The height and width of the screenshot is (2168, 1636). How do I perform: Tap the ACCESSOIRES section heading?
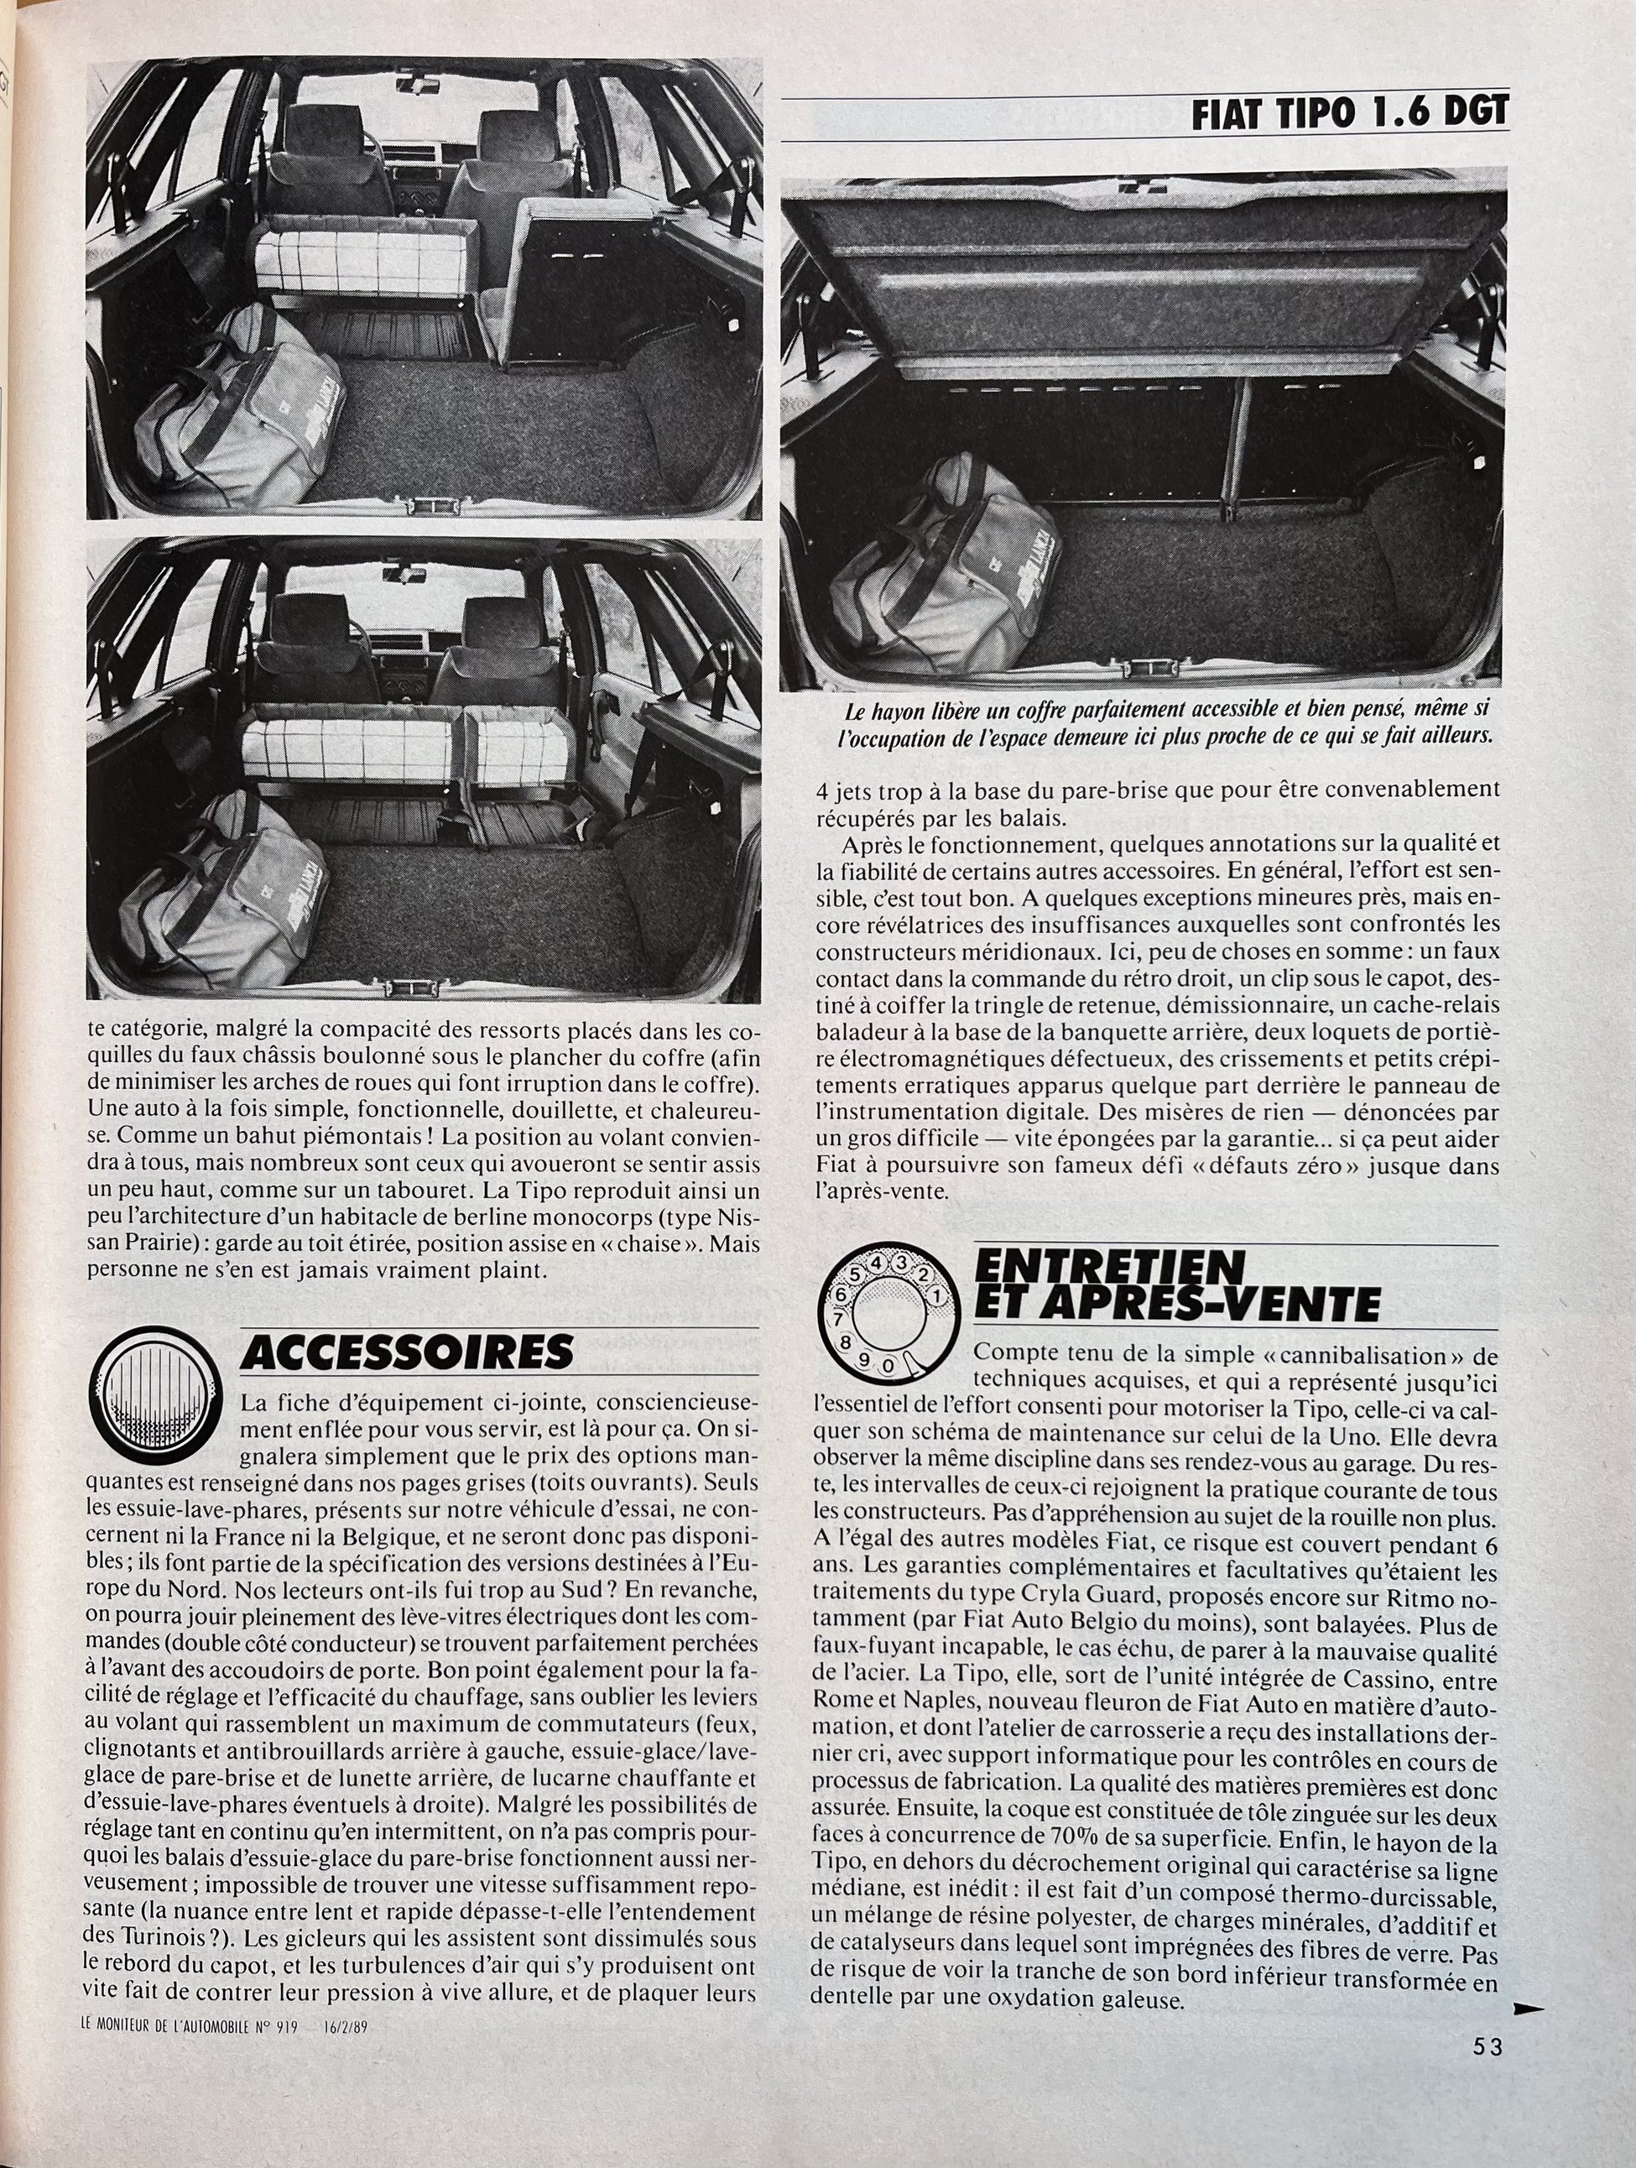[407, 1352]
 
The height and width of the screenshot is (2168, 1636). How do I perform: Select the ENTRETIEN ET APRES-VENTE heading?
[1176, 1287]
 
